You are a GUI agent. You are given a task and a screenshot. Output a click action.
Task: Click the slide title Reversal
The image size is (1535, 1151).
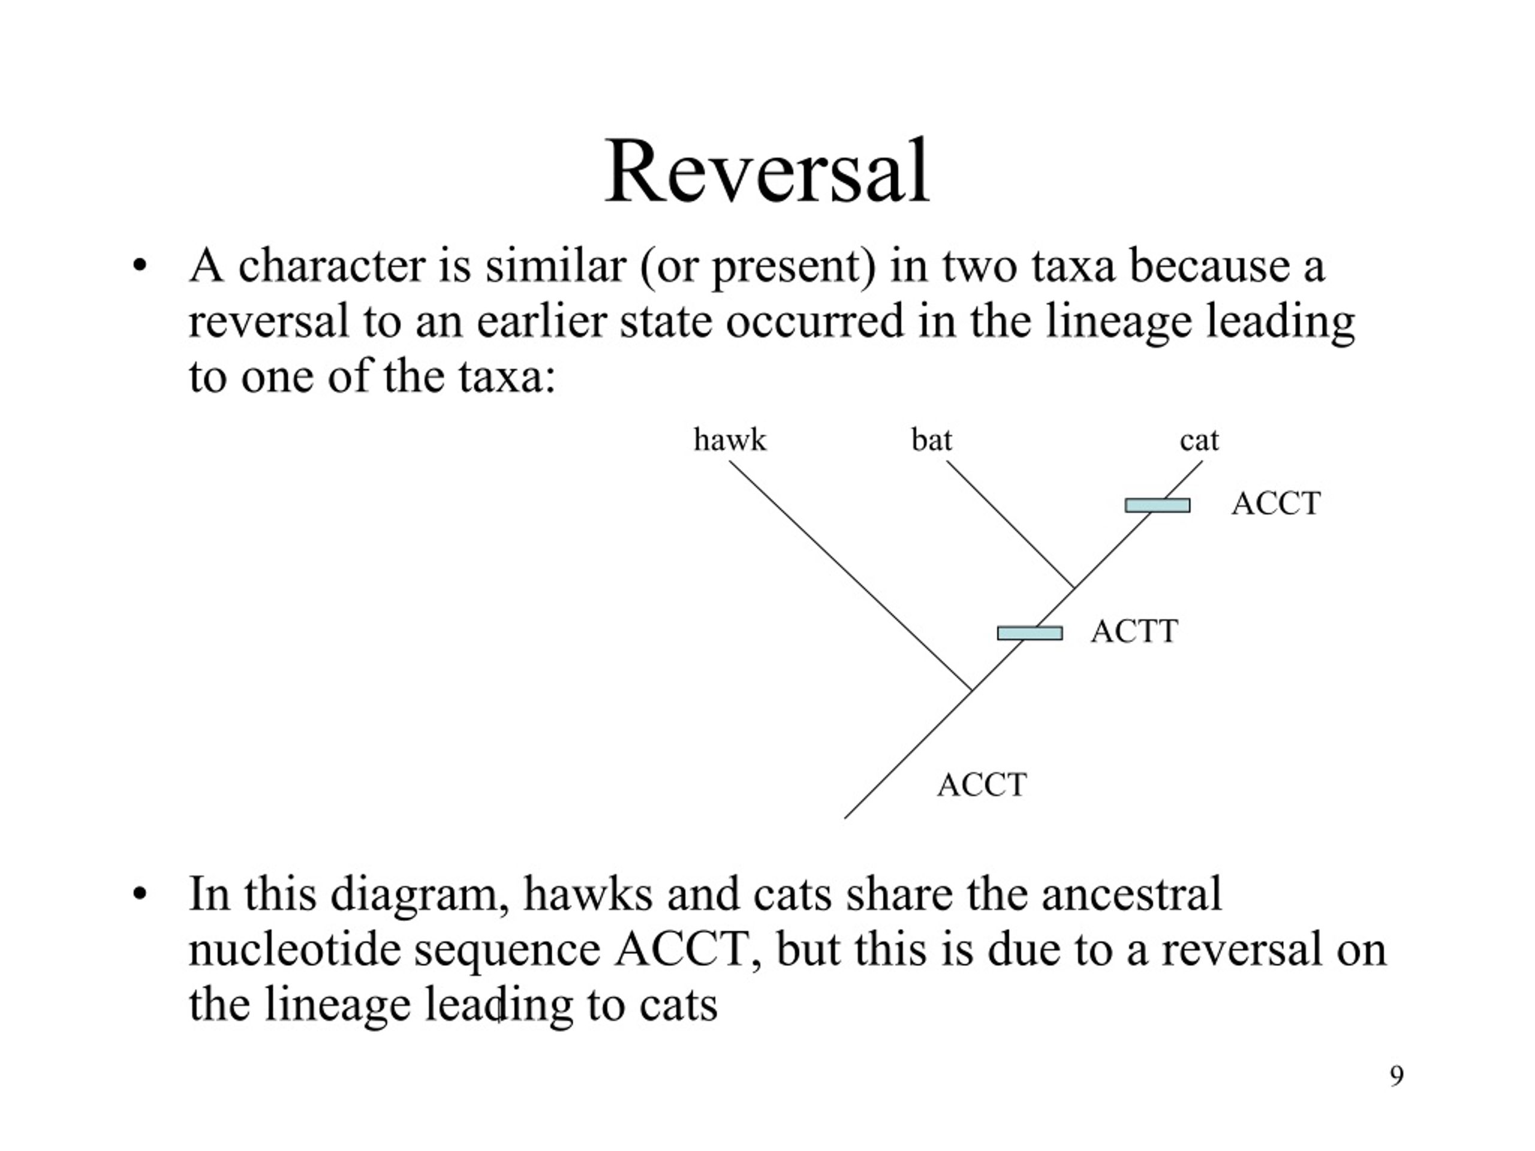[767, 171]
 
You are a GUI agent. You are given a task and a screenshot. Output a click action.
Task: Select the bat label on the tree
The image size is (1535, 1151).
[931, 440]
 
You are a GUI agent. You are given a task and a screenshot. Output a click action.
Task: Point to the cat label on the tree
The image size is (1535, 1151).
[1199, 441]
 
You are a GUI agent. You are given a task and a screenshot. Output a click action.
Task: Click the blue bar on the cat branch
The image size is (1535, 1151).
[1157, 506]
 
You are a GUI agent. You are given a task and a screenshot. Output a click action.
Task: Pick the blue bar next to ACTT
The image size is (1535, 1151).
[1030, 632]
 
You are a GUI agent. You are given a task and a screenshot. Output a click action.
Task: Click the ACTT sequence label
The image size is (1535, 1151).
[1134, 631]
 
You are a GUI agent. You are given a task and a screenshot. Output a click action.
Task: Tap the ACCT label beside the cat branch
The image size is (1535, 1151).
[1275, 504]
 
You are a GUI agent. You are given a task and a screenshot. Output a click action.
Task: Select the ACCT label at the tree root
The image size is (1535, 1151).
[982, 785]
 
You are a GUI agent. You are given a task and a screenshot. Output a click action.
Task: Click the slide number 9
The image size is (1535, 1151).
[1397, 1075]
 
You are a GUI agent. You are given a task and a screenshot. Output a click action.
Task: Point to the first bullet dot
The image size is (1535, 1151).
[140, 266]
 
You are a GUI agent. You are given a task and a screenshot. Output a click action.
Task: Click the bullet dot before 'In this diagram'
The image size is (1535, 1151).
[140, 894]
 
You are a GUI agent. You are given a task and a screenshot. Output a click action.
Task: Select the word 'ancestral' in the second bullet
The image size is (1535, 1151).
[1131, 894]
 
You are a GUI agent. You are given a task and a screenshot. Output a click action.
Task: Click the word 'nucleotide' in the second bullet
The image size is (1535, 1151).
[295, 949]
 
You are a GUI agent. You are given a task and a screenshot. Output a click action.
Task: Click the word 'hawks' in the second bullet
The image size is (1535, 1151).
[588, 894]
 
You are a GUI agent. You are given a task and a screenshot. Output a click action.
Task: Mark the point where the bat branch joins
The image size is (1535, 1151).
[1074, 588]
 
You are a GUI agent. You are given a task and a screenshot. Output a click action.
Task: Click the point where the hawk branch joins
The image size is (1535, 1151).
[971, 691]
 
